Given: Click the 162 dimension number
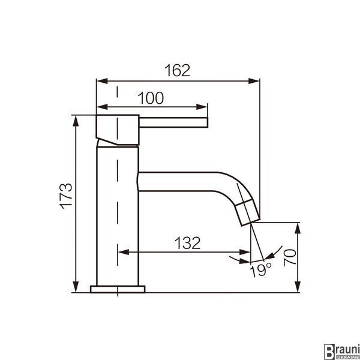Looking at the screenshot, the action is click(177, 70).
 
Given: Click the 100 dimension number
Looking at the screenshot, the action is click(151, 98).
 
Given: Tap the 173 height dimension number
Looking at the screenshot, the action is click(66, 196).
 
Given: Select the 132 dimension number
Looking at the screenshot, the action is click(187, 243).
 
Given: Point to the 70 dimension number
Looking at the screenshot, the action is click(290, 257).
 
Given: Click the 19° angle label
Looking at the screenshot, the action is click(260, 271).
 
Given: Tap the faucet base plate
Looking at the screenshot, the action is click(118, 289).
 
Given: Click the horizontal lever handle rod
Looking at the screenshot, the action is click(173, 122).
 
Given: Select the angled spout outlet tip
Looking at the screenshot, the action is click(248, 212).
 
